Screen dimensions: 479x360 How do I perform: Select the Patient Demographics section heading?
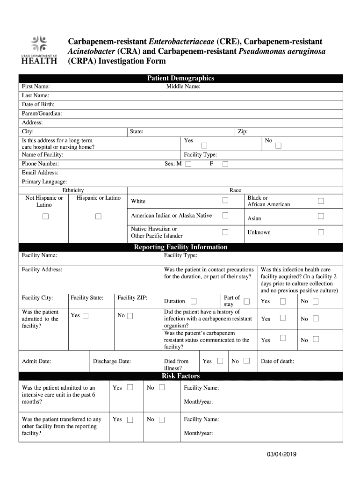[x=180, y=78]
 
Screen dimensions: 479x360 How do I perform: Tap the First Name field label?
[x=36, y=87]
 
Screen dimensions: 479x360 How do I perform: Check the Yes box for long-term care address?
[x=204, y=146]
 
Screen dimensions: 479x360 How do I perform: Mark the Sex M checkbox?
[x=188, y=164]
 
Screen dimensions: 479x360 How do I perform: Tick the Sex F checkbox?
[x=225, y=164]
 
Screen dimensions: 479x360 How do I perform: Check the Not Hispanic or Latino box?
[x=46, y=216]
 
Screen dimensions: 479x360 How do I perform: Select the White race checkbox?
[x=225, y=201]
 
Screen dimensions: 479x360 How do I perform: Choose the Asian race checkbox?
[x=321, y=216]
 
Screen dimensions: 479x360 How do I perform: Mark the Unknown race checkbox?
[x=321, y=232]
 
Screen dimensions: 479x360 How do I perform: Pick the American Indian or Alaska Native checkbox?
[x=225, y=215]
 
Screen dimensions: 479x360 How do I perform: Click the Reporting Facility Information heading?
[x=180, y=247]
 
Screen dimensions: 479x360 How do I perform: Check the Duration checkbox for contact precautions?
[x=194, y=301]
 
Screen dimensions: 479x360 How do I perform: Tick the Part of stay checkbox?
[x=247, y=301]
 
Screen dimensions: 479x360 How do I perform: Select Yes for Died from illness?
[x=220, y=361]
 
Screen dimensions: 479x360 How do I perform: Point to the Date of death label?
[x=277, y=361]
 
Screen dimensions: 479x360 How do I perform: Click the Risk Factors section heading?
[x=180, y=376]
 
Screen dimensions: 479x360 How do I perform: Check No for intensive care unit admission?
[x=162, y=387]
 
